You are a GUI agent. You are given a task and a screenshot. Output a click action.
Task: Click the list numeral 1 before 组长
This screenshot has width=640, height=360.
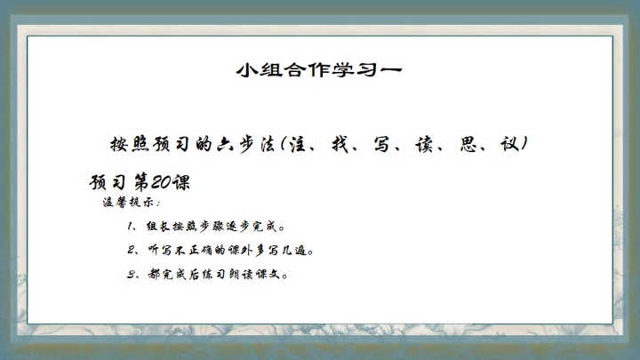coord(130,227)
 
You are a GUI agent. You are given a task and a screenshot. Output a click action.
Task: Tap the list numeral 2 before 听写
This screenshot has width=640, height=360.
coord(130,251)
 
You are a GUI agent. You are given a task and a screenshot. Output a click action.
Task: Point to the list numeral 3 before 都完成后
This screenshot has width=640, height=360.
coord(130,274)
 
